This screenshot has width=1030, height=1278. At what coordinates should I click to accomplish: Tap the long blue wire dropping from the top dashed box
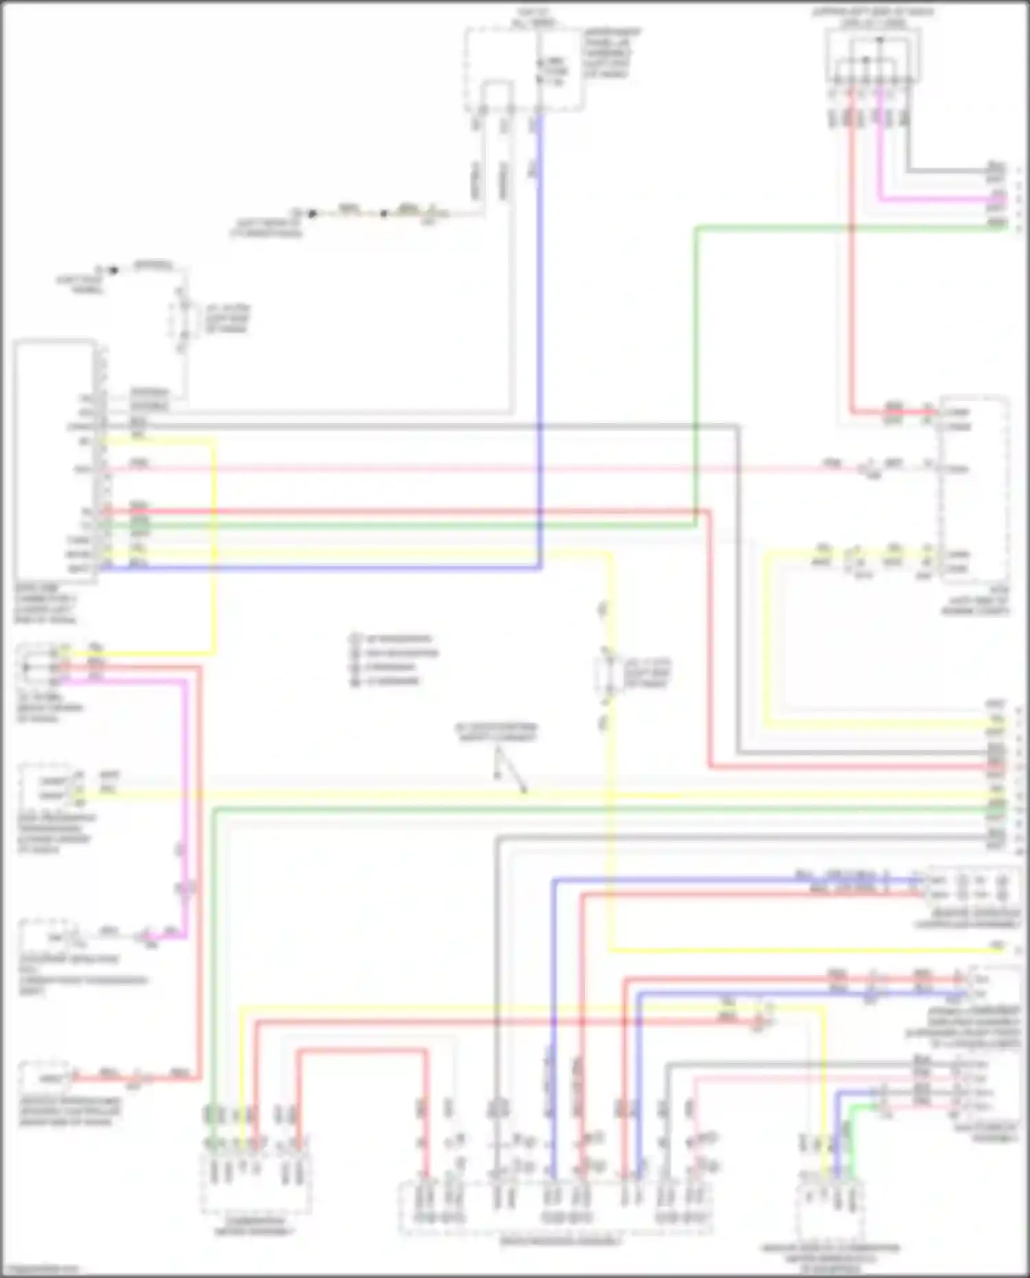pyautogui.click(x=539, y=343)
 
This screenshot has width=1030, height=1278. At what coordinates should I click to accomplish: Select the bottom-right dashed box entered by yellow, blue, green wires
pyautogui.click(x=831, y=1206)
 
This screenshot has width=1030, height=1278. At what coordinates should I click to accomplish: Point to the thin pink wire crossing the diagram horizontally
pyautogui.click(x=481, y=470)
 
